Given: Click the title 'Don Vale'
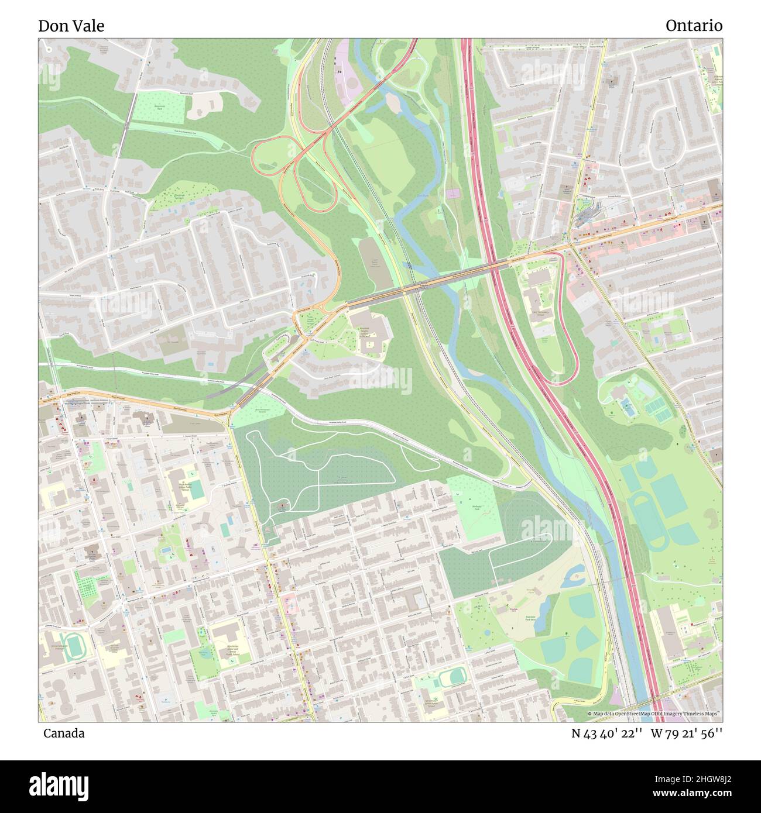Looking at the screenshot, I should [x=71, y=26].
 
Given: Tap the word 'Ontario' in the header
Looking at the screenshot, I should [x=694, y=26].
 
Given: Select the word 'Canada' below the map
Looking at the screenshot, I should [x=63, y=733].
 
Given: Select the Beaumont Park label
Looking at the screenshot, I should [x=159, y=107].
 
